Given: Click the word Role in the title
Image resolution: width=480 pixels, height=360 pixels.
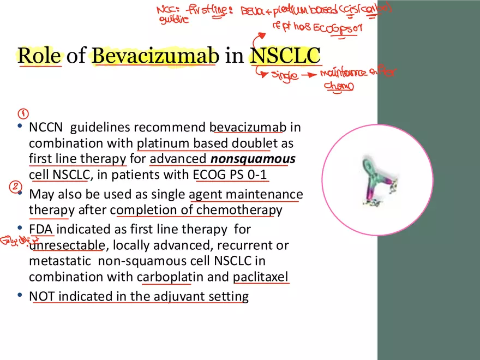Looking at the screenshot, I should point(40,56).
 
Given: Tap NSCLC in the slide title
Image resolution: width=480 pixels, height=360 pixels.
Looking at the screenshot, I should point(285,56).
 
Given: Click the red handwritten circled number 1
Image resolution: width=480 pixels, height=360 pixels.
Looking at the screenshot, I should point(23,114).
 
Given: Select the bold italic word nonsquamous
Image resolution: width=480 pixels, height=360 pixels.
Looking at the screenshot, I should point(253,159).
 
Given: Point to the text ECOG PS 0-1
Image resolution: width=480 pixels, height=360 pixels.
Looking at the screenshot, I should point(231,175).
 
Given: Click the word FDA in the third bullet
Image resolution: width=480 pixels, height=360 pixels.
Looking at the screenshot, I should point(41,229).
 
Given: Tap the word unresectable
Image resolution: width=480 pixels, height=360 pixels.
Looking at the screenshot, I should point(66,245).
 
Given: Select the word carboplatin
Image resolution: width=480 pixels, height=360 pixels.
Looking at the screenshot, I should point(170,277).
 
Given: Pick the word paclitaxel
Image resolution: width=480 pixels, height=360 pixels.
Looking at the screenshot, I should point(261,277).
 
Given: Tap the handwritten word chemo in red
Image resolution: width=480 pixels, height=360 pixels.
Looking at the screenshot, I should point(339,86).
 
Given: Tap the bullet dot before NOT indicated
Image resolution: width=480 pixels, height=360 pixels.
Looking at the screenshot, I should point(20,296).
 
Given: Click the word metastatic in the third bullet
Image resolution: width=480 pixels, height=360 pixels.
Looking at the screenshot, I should point(61,261).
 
